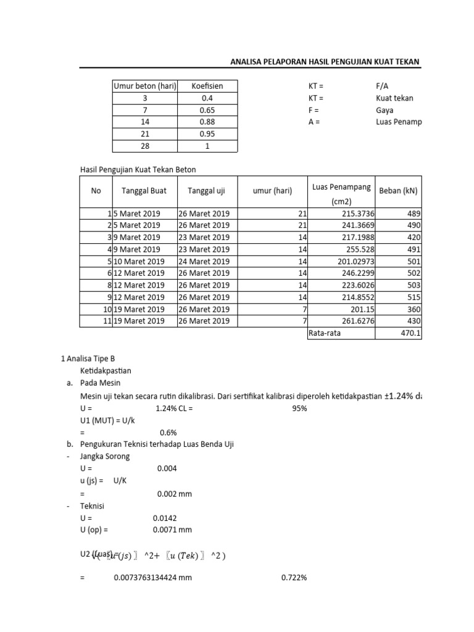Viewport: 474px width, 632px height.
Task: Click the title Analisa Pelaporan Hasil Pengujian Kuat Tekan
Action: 325,62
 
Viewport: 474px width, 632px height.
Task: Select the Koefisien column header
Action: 207,86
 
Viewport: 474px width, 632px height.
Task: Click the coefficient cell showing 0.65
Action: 207,110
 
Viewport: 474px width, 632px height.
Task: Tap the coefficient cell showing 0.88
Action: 207,122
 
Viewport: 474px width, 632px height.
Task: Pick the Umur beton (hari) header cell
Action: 144,86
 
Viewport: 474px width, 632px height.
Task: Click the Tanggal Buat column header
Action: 144,191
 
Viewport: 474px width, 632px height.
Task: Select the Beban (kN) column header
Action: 398,191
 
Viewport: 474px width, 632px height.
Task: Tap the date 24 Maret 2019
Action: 204,260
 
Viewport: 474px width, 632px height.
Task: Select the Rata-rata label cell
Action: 325,333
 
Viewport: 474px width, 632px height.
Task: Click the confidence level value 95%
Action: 299,408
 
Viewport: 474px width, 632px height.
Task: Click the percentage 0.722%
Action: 294,578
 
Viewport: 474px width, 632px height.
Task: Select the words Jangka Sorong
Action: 105,456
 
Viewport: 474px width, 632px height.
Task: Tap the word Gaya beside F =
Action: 385,110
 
